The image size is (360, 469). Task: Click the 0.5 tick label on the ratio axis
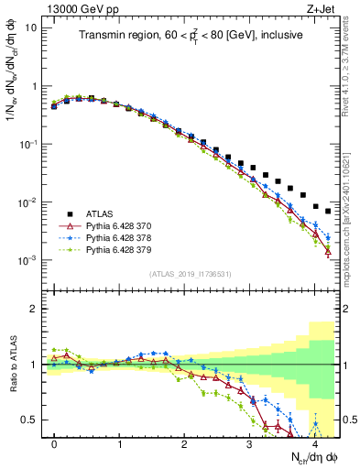coord(29,420)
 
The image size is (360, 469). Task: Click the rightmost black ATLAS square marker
coord(328,211)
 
